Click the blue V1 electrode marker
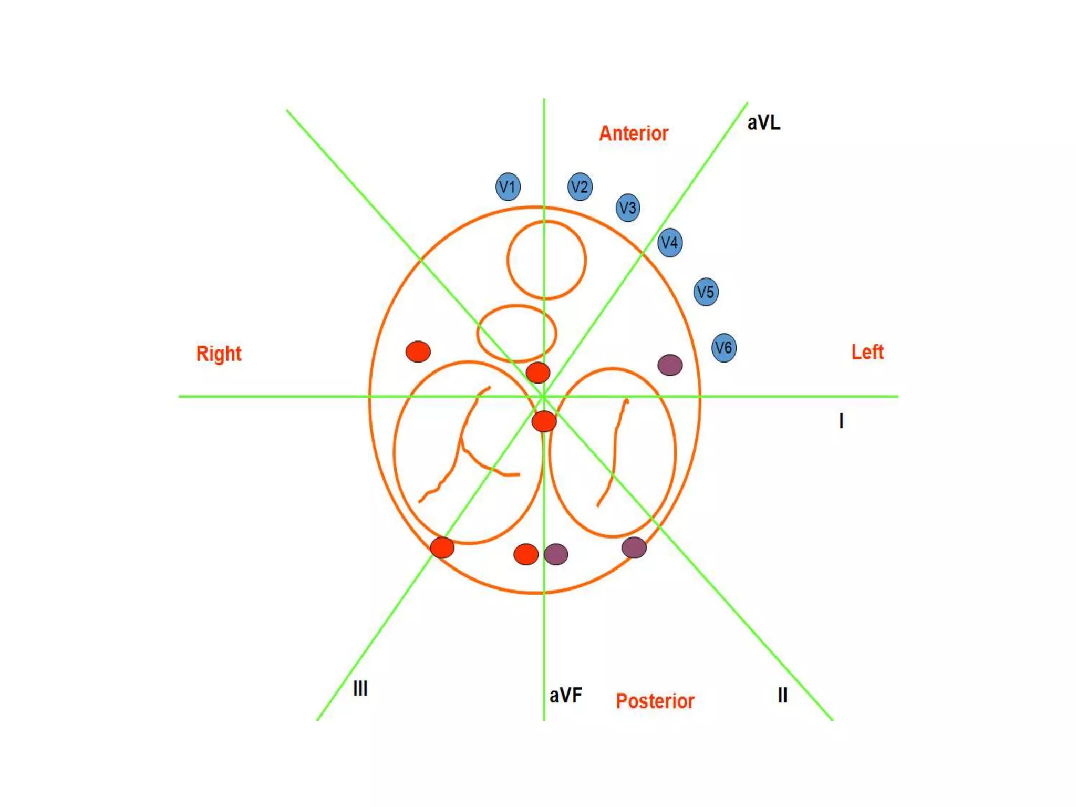508,187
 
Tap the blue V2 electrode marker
580,187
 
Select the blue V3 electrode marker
628,208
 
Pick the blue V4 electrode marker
670,243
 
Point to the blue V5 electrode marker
706,292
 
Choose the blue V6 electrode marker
723,347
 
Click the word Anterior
634,133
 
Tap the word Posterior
655,701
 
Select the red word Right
219,354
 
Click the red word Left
867,352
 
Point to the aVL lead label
763,123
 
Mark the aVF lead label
566,695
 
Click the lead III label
360,688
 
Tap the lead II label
782,695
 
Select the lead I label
841,421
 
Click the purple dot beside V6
670,365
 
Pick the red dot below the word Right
418,351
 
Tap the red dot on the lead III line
442,547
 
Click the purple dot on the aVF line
556,554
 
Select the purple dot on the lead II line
634,547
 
